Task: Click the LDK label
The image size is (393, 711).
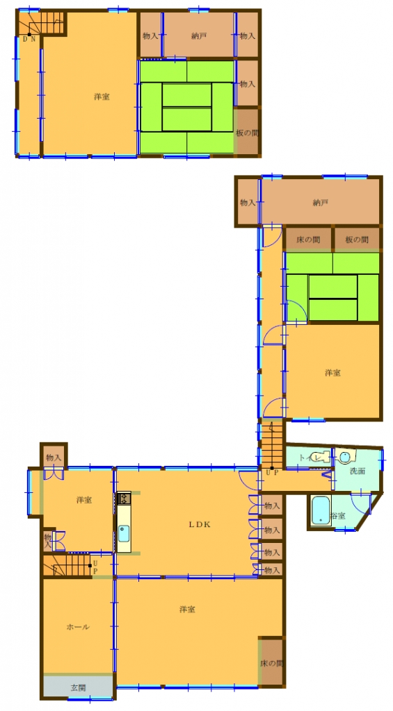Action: [x=199, y=525]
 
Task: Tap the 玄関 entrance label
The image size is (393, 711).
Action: [x=78, y=688]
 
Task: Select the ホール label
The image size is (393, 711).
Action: [x=77, y=626]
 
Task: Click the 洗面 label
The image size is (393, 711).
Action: [x=357, y=471]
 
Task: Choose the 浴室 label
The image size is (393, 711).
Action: [x=337, y=516]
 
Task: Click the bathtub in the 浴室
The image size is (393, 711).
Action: [x=320, y=512]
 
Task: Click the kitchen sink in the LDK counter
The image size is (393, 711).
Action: [x=123, y=534]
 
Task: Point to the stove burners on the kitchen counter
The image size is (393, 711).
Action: [x=123, y=498]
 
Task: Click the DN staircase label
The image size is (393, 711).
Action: [x=29, y=40]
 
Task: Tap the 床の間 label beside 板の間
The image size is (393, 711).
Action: [x=308, y=240]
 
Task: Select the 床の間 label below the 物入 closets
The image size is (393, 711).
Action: [x=271, y=663]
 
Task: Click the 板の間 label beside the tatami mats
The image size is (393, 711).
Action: [x=247, y=133]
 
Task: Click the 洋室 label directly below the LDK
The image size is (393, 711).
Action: [x=186, y=609]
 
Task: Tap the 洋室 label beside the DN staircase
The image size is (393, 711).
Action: [x=102, y=97]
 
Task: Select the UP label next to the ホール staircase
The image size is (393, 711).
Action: [x=95, y=567]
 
